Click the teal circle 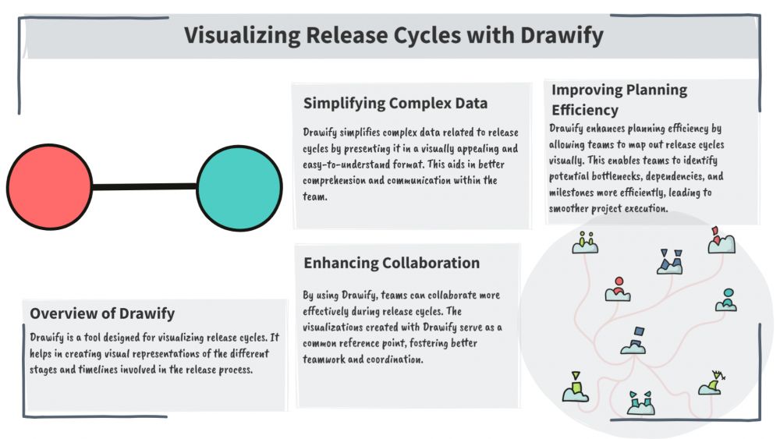pyautogui.click(x=239, y=188)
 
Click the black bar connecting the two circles pyautogui.click(x=144, y=187)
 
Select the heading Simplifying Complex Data pyautogui.click(x=395, y=103)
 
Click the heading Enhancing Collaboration pyautogui.click(x=392, y=263)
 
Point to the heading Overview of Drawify pyautogui.click(x=102, y=313)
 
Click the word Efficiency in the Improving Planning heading pyautogui.click(x=584, y=110)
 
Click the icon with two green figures pyautogui.click(x=585, y=243)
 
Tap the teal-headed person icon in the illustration pyautogui.click(x=726, y=299)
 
